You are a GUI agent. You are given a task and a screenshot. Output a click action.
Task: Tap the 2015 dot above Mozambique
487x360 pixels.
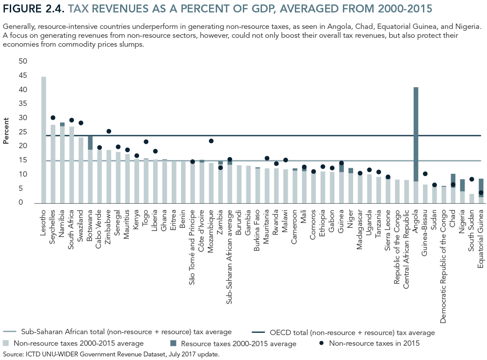pyautogui.click(x=211, y=141)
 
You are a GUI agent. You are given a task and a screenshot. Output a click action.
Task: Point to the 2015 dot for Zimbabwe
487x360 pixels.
pyautogui.click(x=109, y=131)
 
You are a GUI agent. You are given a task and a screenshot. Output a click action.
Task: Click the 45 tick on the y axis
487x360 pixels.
pyautogui.click(x=22, y=75)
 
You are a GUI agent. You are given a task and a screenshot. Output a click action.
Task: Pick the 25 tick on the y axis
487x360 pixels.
pyautogui.click(x=22, y=132)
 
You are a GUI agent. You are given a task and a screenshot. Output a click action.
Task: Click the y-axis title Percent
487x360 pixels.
pyautogui.click(x=6, y=130)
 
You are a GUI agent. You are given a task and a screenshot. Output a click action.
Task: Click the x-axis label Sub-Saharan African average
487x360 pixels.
pyautogui.click(x=230, y=241)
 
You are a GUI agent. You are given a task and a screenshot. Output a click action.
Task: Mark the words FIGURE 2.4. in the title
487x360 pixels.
pyautogui.click(x=33, y=8)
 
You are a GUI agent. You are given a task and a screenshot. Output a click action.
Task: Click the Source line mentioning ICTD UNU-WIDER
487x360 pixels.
pyautogui.click(x=111, y=355)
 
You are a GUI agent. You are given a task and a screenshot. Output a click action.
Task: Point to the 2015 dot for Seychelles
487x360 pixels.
pyautogui.click(x=53, y=118)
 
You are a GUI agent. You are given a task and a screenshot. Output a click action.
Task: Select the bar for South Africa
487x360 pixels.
pyautogui.click(x=72, y=165)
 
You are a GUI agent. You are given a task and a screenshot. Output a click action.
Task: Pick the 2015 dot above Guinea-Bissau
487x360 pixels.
pyautogui.click(x=425, y=174)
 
